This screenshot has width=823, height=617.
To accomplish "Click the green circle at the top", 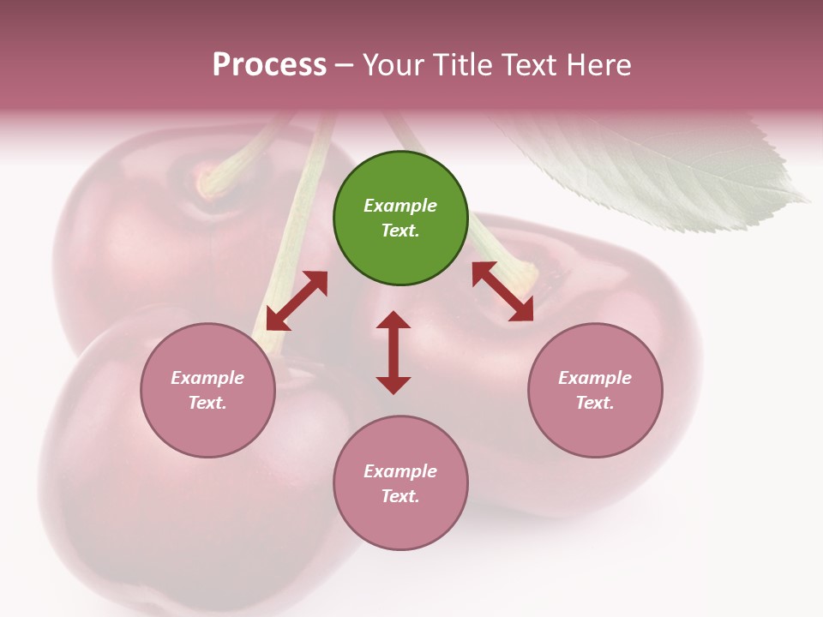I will pyautogui.click(x=400, y=219).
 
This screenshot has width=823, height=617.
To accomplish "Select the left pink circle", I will pyautogui.click(x=207, y=391).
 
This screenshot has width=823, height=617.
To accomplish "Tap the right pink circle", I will pyautogui.click(x=595, y=391).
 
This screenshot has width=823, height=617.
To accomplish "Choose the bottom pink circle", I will pyautogui.click(x=400, y=483).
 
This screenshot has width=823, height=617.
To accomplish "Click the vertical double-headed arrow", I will pyautogui.click(x=393, y=352).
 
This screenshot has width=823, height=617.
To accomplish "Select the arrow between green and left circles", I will pyautogui.click(x=297, y=301).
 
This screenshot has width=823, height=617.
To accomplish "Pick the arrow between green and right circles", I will pyautogui.click(x=502, y=291).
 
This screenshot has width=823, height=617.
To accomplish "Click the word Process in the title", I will pyautogui.click(x=269, y=65).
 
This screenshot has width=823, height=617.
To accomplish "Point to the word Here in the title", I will pyautogui.click(x=600, y=65).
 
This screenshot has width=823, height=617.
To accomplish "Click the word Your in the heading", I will pyautogui.click(x=393, y=65).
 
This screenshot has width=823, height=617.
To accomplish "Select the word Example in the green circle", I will pyautogui.click(x=400, y=206).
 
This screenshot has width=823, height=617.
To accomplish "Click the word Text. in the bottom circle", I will pyautogui.click(x=400, y=496).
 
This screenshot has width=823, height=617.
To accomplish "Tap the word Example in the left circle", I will pyautogui.click(x=207, y=378).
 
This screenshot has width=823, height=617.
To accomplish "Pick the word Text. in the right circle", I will pyautogui.click(x=595, y=403).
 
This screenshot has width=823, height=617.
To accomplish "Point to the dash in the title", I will pyautogui.click(x=344, y=66).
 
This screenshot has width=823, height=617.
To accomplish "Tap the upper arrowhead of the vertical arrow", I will pyautogui.click(x=393, y=320).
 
